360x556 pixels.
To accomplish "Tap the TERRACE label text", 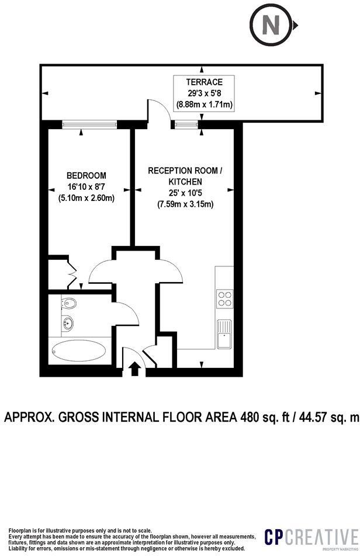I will pos(205,81).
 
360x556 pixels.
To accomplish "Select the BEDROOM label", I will pos(86,176).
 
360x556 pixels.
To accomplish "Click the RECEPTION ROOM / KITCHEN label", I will pos(185,176).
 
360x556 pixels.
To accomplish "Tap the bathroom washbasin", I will pos(69,322).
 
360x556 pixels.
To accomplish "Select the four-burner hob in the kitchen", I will pos(224,299).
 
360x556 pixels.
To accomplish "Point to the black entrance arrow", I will pos(134,369).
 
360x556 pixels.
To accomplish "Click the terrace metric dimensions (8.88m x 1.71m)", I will pos(205,105).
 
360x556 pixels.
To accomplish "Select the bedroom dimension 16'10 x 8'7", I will pos(86,187).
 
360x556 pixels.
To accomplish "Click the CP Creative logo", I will pos(310,537).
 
